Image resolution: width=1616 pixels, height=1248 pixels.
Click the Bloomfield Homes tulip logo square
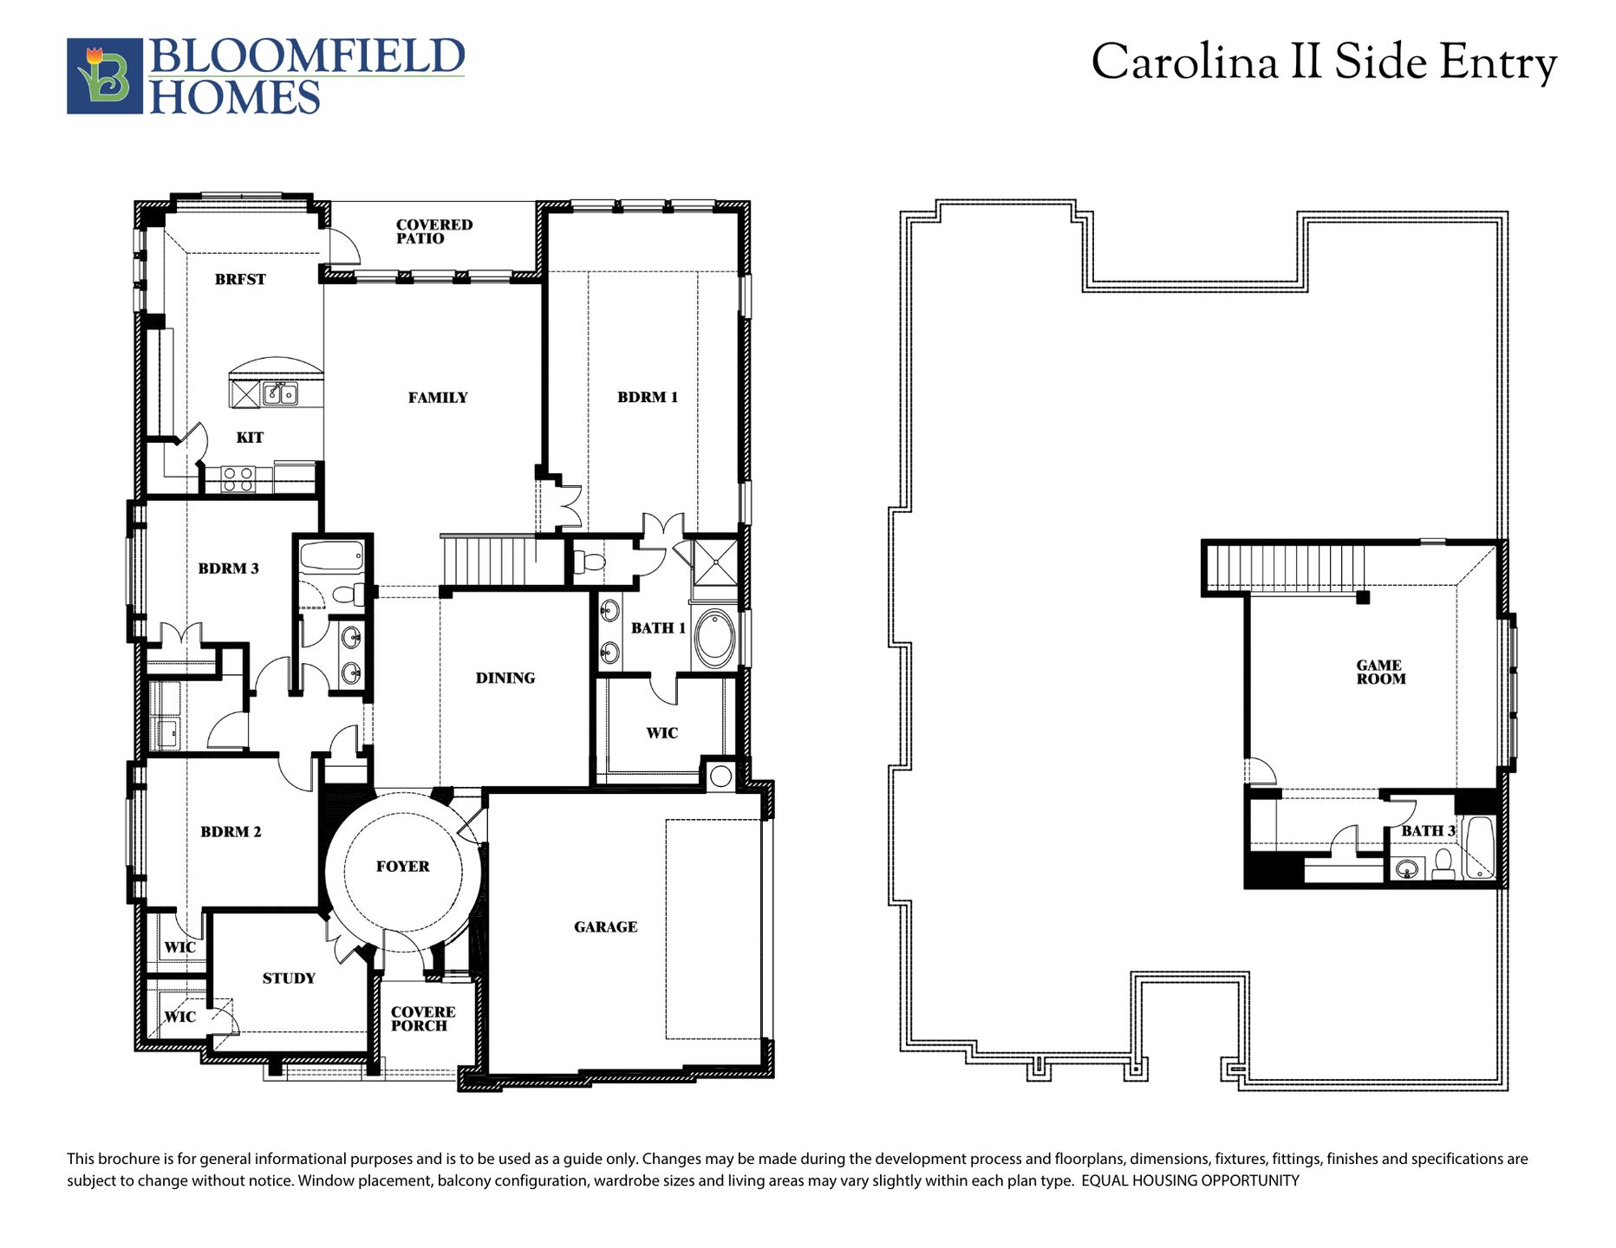coord(105,76)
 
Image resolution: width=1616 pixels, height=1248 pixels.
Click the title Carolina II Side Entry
coord(1324,62)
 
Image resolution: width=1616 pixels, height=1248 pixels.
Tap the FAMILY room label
coord(438,398)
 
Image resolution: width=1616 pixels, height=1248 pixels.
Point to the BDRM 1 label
coord(648,397)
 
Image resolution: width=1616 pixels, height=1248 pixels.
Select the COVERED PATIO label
coord(434,231)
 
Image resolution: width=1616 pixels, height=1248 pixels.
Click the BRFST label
coord(240,279)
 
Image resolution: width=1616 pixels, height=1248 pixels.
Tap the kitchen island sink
coord(280,393)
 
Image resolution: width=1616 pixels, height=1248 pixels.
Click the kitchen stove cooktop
coord(238,479)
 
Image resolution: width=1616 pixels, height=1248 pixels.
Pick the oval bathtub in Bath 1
coord(714,638)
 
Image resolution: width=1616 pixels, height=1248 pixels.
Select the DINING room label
coord(505,678)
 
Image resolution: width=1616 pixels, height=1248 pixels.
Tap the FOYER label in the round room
coord(403,867)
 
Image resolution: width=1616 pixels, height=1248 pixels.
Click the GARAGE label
coord(606,927)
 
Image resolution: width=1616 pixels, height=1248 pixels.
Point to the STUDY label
coord(289,978)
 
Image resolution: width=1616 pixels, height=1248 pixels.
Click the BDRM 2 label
coord(231,832)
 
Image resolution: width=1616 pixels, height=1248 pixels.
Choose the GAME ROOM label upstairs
coord(1380,673)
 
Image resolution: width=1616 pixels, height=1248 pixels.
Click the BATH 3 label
coord(1428,831)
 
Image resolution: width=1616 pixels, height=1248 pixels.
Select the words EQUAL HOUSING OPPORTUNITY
coord(1190,1180)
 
